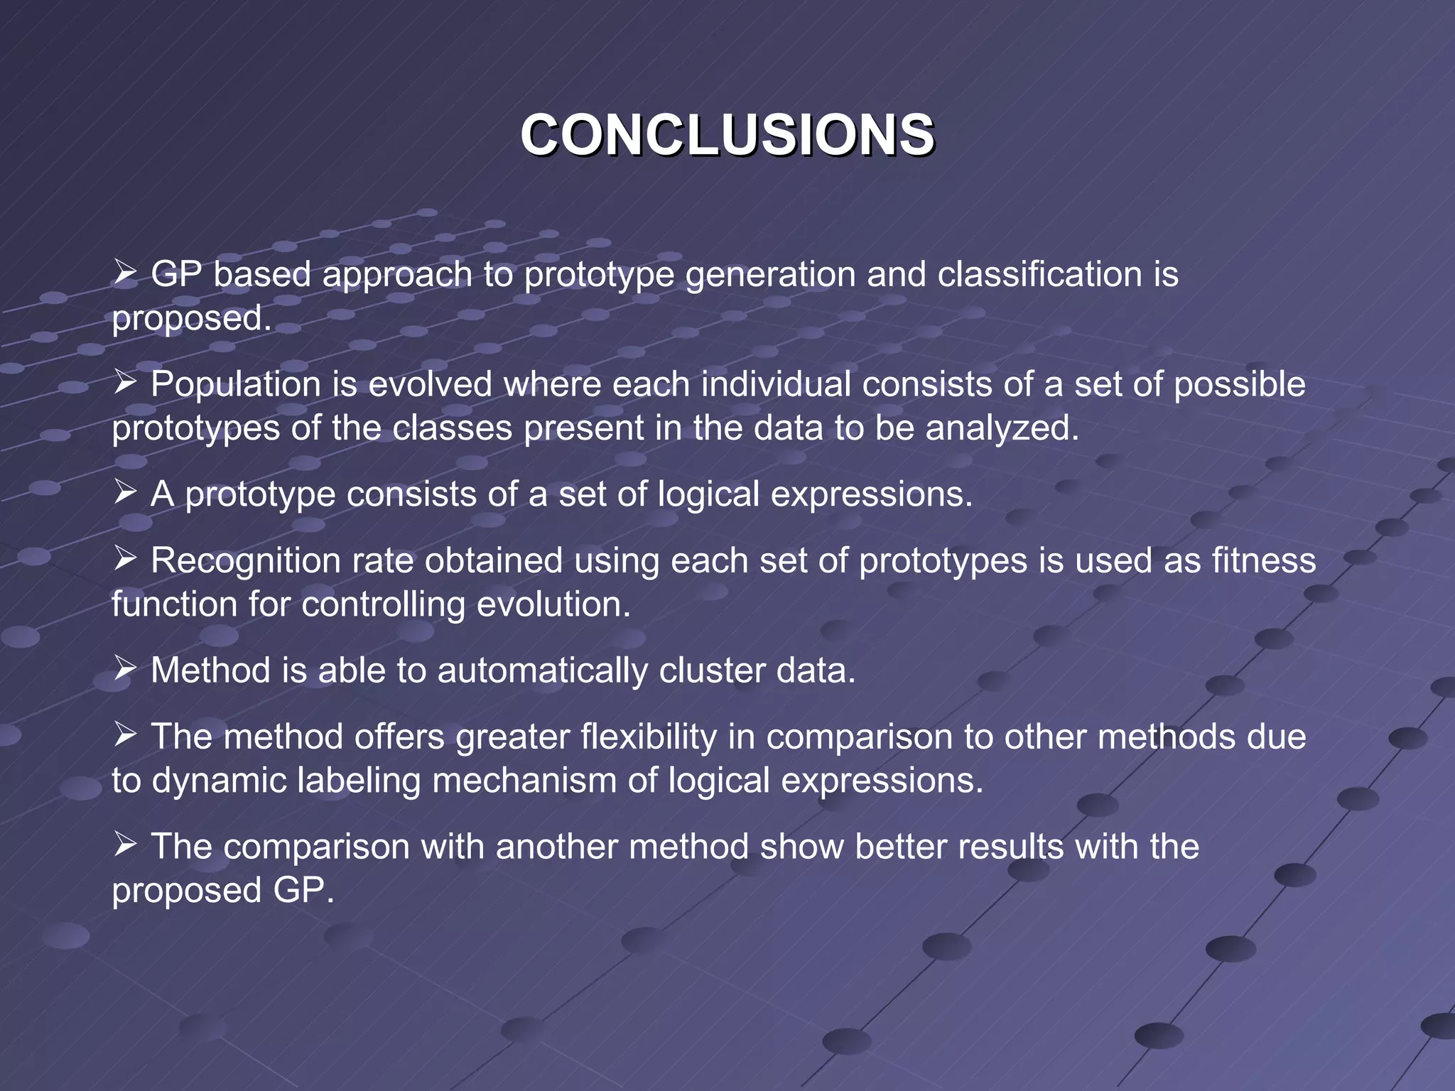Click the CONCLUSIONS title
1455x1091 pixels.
(x=727, y=135)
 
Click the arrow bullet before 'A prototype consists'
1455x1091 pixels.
(x=125, y=492)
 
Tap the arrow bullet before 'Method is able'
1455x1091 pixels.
(x=125, y=668)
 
